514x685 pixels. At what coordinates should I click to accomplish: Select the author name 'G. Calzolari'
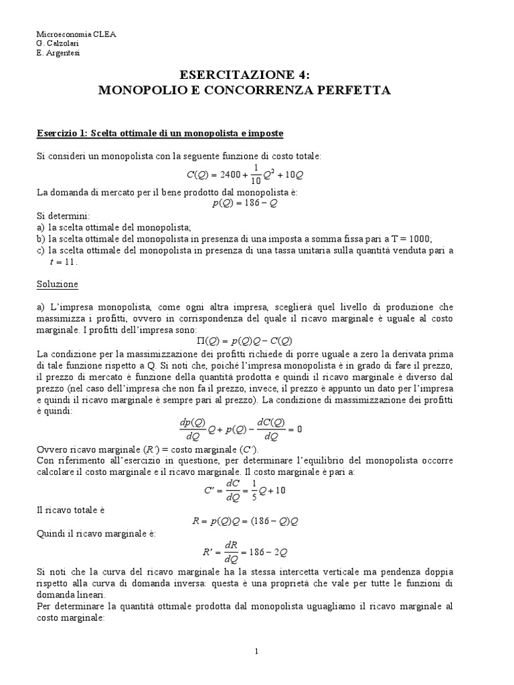[x=57, y=43]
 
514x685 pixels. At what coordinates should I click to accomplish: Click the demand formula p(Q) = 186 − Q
[x=244, y=204]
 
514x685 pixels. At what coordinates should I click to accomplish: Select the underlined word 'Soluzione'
[x=57, y=284]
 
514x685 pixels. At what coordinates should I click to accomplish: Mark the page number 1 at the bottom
[x=257, y=651]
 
